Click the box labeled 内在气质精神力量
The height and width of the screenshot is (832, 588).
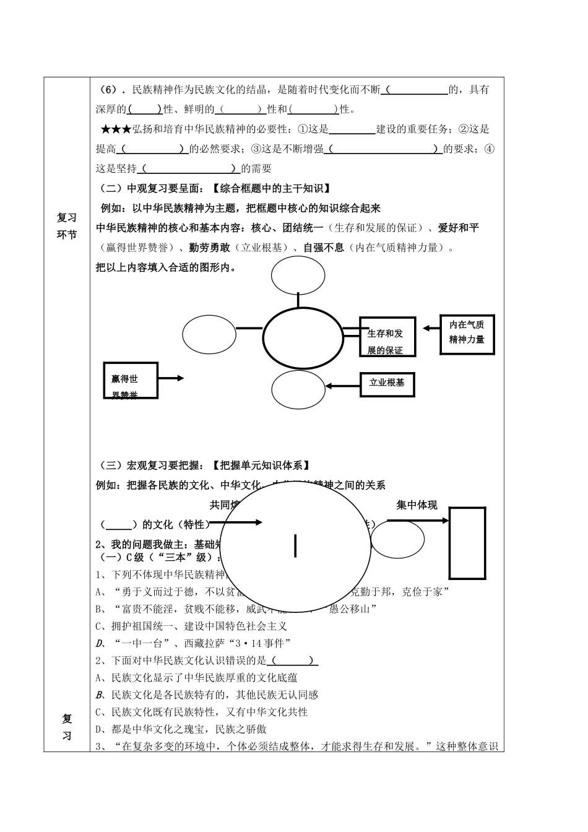(x=467, y=334)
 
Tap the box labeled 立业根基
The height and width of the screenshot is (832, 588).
(x=387, y=383)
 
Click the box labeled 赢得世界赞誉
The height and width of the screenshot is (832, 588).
(x=131, y=381)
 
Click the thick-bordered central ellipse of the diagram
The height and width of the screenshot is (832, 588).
(x=303, y=339)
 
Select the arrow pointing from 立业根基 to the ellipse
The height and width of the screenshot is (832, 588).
(x=343, y=386)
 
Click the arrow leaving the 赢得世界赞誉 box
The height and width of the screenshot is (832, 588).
(x=171, y=378)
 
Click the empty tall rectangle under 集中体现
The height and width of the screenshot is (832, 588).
(x=467, y=543)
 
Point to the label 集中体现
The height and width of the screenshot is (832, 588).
(x=417, y=505)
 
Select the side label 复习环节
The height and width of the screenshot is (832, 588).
(x=67, y=226)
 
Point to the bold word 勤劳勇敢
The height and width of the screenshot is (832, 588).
(x=210, y=248)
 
